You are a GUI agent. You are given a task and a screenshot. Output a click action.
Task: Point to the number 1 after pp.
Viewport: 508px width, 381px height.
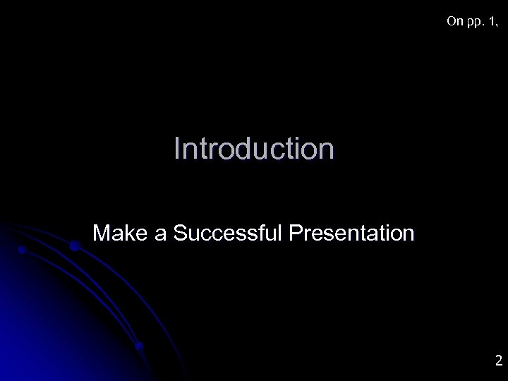(x=488, y=22)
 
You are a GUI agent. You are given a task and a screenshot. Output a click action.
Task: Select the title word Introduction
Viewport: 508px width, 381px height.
(x=254, y=149)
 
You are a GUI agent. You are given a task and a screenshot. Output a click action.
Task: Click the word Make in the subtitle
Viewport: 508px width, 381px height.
(x=121, y=232)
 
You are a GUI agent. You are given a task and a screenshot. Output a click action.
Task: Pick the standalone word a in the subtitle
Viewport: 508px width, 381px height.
(x=160, y=234)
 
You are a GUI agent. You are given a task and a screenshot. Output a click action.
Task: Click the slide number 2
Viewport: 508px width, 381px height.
(x=498, y=361)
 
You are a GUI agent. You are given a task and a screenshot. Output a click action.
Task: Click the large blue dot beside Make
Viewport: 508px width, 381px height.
(x=75, y=246)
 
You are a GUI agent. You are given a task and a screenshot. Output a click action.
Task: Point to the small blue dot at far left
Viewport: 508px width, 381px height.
(x=23, y=250)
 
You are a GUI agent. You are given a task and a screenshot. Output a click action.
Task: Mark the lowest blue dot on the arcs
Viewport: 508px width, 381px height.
(x=139, y=346)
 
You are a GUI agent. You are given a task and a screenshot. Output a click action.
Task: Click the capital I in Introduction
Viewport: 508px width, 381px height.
(x=177, y=149)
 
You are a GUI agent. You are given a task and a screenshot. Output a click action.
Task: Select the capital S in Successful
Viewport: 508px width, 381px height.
(x=179, y=232)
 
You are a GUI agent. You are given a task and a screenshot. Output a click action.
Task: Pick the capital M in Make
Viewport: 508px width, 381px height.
(x=102, y=232)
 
